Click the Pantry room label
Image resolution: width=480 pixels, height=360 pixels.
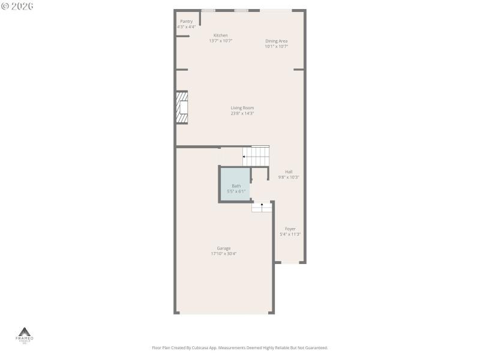click(187, 22)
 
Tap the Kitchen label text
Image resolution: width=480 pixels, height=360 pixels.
click(221, 35)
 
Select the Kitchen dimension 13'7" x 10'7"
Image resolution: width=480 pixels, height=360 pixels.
click(221, 41)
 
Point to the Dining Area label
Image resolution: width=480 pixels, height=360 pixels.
click(277, 41)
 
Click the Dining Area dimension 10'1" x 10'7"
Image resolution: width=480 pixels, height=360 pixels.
click(277, 46)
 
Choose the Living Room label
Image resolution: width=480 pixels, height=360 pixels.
click(242, 108)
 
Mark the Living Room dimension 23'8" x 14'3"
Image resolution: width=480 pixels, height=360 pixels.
click(242, 113)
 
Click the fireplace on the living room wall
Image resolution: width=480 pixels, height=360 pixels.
click(182, 107)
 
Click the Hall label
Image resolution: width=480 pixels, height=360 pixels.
click(289, 172)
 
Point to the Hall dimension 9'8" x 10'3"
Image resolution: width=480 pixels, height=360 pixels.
click(289, 177)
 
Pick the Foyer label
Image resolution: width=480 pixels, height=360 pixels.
click(290, 229)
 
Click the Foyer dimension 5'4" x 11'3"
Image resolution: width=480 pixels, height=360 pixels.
click(290, 234)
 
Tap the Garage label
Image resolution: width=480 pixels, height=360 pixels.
click(224, 248)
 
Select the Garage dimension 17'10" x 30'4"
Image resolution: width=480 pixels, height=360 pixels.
click(224, 254)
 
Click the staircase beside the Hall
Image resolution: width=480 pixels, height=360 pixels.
click(256, 156)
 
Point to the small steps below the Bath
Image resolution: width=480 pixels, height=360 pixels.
click(262, 207)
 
